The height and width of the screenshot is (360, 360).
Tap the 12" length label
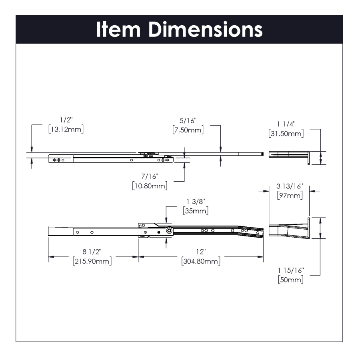[200, 252]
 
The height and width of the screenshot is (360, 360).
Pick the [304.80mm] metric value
[200, 261]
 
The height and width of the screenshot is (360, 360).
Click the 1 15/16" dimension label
[290, 270]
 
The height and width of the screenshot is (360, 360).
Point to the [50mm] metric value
[290, 280]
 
